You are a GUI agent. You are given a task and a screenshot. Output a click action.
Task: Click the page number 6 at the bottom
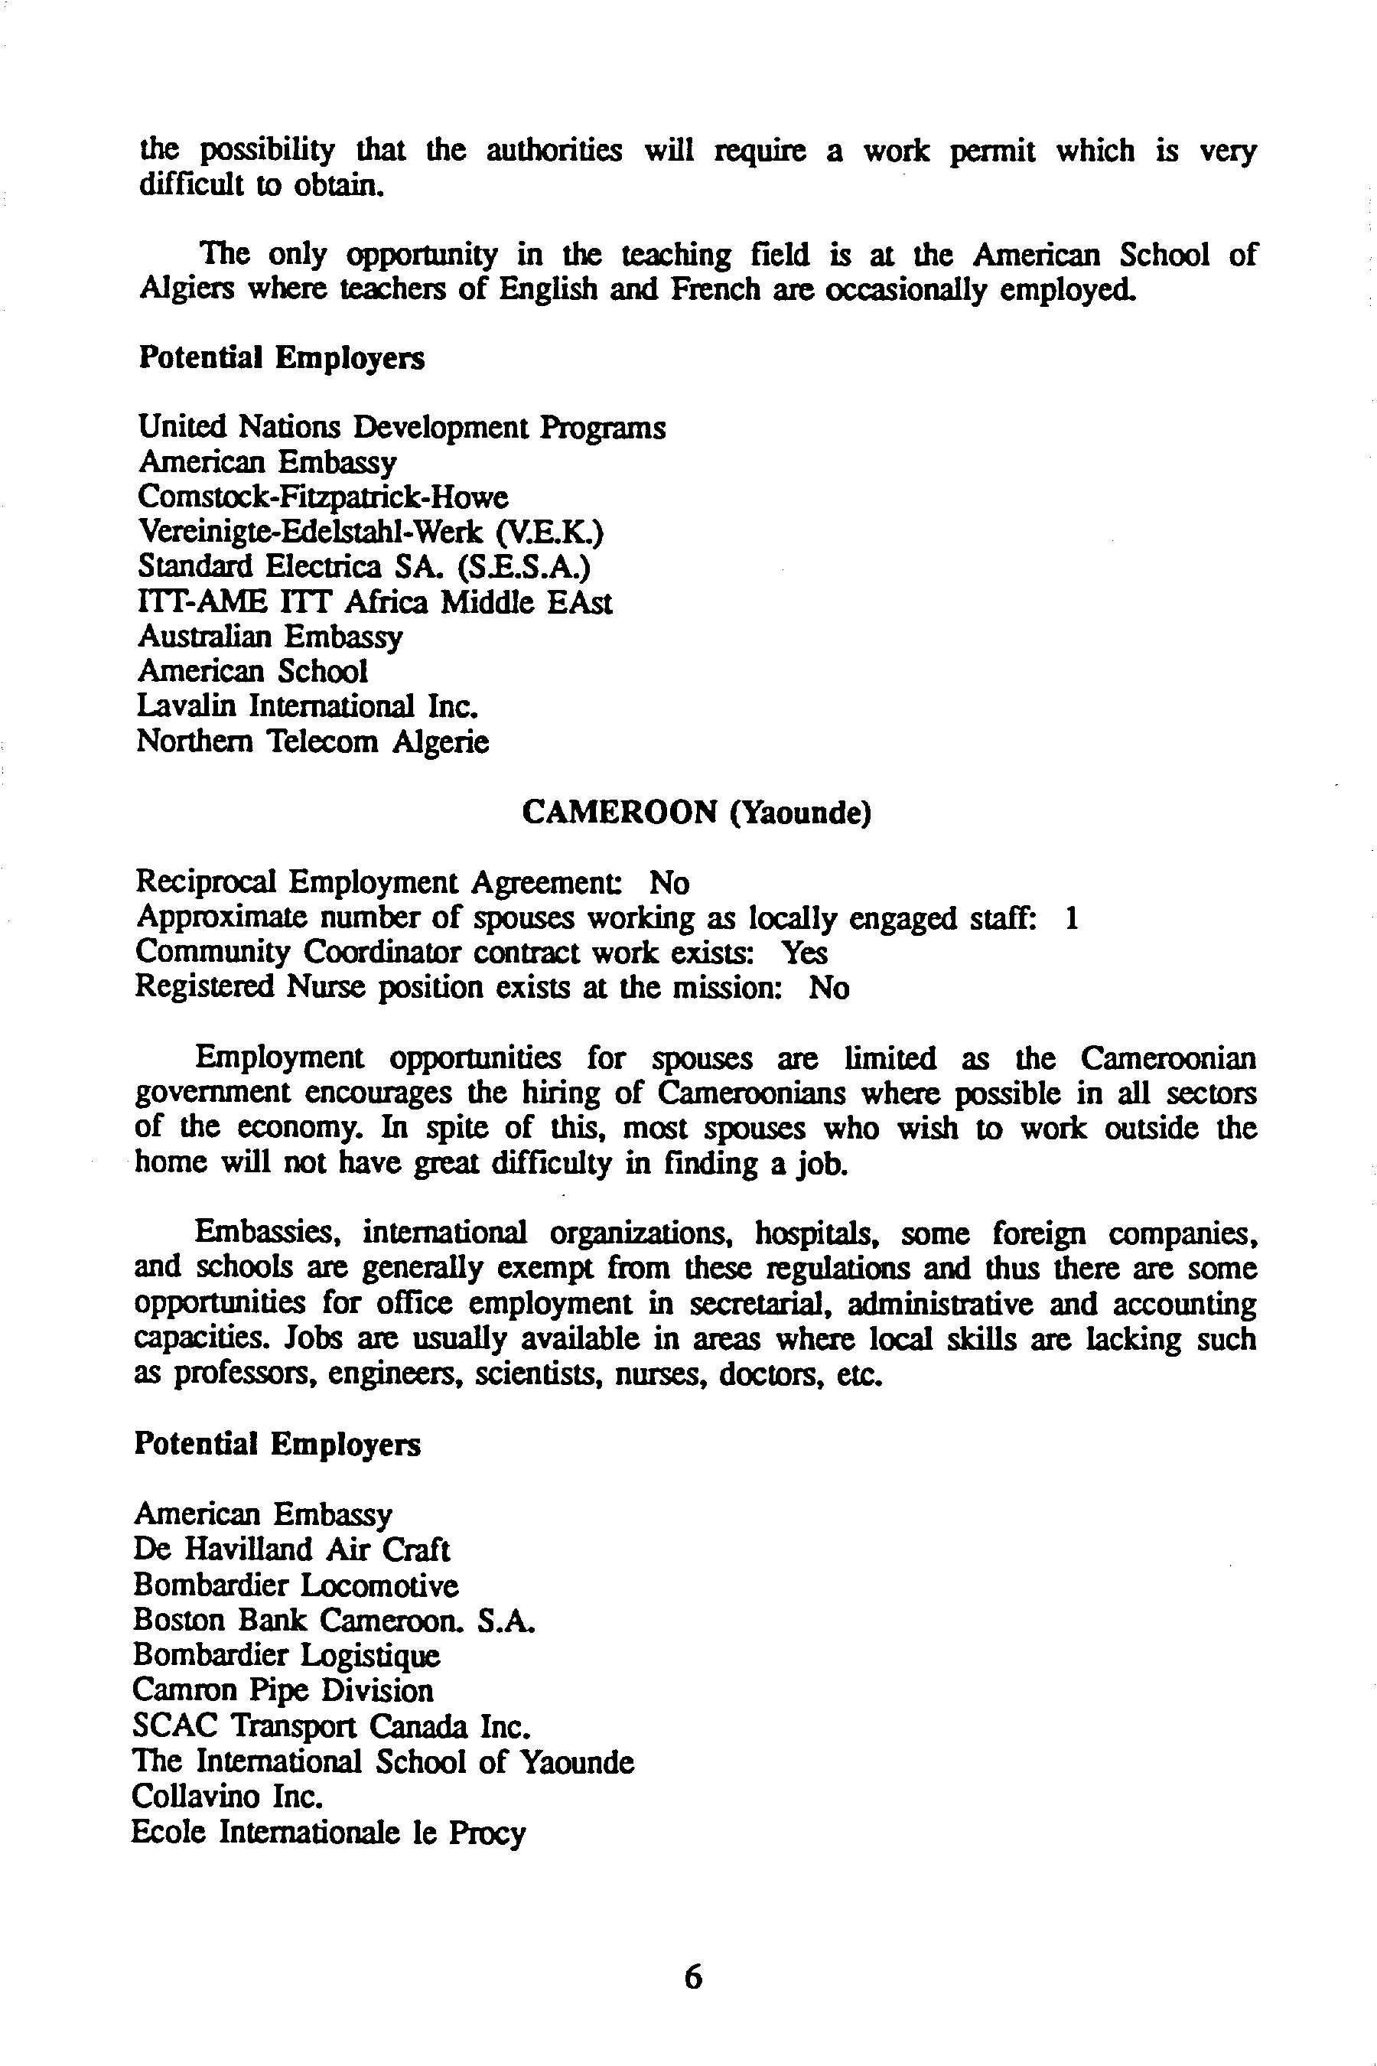click(693, 1976)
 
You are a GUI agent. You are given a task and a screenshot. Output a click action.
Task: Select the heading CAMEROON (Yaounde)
click(696, 813)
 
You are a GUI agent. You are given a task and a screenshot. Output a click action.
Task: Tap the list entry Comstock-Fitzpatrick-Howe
click(322, 497)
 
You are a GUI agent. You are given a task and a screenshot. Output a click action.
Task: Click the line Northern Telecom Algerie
click(313, 742)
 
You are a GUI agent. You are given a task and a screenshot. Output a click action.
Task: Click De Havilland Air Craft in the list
click(291, 1549)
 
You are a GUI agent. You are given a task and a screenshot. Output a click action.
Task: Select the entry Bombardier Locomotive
click(296, 1585)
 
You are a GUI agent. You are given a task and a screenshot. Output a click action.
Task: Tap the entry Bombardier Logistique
click(286, 1655)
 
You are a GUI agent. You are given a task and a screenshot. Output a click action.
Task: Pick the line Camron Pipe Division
click(283, 1690)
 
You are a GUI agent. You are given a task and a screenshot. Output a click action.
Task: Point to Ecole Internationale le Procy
click(328, 1833)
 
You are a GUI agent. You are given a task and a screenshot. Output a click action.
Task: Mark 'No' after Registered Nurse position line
click(829, 988)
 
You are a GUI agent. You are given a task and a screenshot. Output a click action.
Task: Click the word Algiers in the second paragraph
click(186, 289)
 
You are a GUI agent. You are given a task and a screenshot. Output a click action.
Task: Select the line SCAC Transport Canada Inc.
click(332, 1726)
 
